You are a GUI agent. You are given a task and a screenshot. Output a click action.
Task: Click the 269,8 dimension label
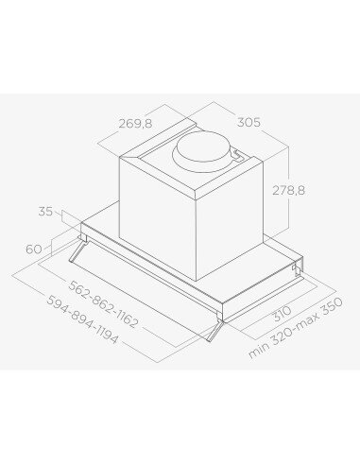135,124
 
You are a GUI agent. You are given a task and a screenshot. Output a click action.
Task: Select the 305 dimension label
249,122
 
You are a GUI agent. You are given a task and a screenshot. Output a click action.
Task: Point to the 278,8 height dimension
288,190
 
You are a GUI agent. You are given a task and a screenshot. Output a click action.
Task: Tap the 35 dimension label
45,211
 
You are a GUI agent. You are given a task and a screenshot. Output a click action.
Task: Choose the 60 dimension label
34,250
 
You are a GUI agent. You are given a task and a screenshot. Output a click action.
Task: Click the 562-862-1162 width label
103,304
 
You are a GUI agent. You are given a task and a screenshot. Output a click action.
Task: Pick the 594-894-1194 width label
82,319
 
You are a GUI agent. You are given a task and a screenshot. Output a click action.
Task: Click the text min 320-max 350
295,328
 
